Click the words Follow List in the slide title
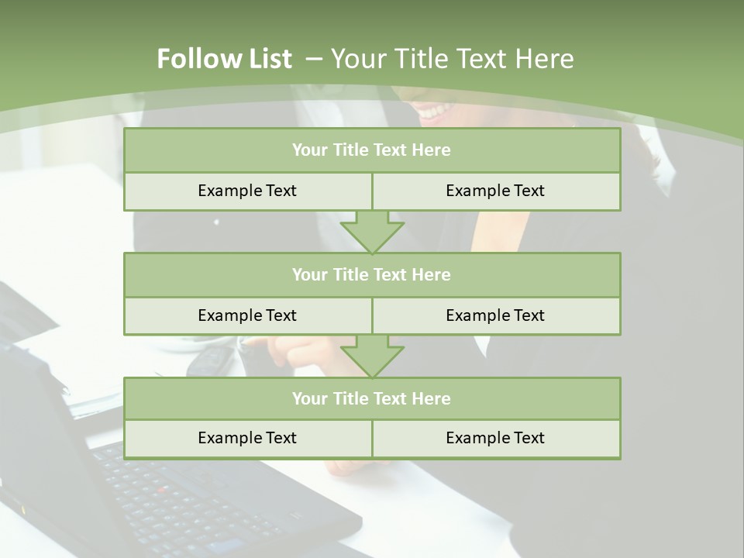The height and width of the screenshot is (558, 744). [224, 59]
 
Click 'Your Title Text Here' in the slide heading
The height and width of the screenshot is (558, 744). [452, 59]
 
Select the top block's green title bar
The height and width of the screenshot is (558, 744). [372, 150]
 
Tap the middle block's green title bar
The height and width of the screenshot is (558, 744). [372, 274]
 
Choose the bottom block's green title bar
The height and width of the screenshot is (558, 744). [372, 398]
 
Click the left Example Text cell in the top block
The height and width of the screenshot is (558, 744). [247, 191]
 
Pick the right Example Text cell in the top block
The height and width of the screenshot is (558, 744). [495, 191]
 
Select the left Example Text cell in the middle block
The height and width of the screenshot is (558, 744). [247, 315]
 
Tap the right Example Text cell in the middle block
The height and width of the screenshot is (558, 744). [495, 315]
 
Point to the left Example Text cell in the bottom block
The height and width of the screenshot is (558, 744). [247, 438]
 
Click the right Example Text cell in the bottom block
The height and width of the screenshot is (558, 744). [495, 438]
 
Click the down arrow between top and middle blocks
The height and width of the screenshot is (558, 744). [372, 232]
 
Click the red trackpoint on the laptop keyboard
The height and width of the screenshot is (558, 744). [162, 490]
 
